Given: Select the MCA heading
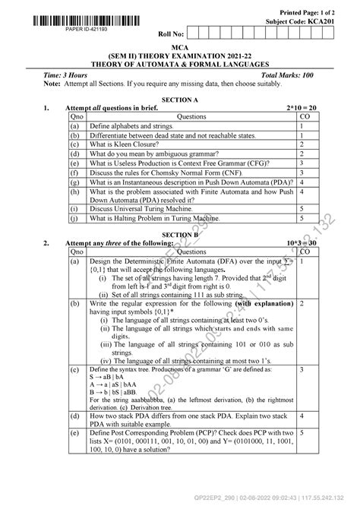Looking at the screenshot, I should pyautogui.click(x=180, y=47).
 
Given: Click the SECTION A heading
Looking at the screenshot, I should pyautogui.click(x=179, y=100).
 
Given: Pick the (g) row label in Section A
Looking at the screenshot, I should pyautogui.click(x=74, y=182).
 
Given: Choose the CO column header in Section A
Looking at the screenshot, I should pyautogui.click(x=304, y=117).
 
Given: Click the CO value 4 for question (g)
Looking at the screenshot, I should pyautogui.click(x=302, y=182).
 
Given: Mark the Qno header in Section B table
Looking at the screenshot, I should pyautogui.click(x=77, y=251).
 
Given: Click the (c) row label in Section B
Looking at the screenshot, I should pyautogui.click(x=74, y=369).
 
